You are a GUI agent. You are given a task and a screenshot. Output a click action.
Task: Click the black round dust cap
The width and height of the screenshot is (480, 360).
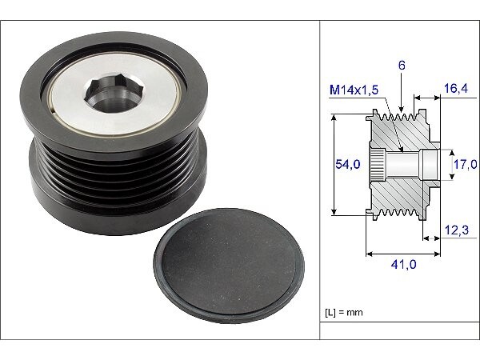click(229, 266)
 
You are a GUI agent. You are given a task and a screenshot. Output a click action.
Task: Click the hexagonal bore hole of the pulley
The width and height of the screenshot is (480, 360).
click(114, 94)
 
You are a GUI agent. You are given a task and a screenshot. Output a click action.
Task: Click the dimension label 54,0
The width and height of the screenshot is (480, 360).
click(348, 164)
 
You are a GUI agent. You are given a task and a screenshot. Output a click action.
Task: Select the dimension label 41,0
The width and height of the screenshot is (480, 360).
click(403, 264)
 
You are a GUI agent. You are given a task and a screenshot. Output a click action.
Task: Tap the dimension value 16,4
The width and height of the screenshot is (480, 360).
click(456, 89)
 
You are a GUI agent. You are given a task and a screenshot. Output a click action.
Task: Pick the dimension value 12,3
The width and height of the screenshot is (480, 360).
click(457, 230)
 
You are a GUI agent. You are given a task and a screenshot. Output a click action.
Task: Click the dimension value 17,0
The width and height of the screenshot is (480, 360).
click(465, 164)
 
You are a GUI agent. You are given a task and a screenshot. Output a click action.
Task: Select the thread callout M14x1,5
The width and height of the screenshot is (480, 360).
click(354, 90)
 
